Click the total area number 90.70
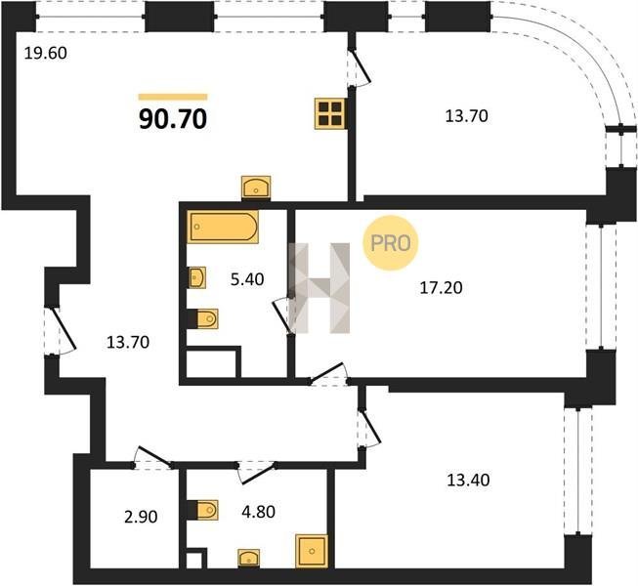(173, 119)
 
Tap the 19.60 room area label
(46, 54)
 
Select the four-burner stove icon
(330, 114)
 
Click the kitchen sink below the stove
(256, 188)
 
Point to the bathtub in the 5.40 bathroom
(223, 227)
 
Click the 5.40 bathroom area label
(247, 279)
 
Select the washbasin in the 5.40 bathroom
(197, 277)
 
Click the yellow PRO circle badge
(390, 243)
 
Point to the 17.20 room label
(441, 288)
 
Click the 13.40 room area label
(468, 481)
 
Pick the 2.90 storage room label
(141, 517)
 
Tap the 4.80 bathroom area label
(258, 512)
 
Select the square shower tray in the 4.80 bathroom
(312, 551)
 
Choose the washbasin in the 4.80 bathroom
(248, 559)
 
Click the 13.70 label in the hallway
(128, 343)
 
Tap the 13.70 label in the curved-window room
(467, 116)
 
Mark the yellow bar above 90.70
(173, 97)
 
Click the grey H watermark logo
(319, 288)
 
